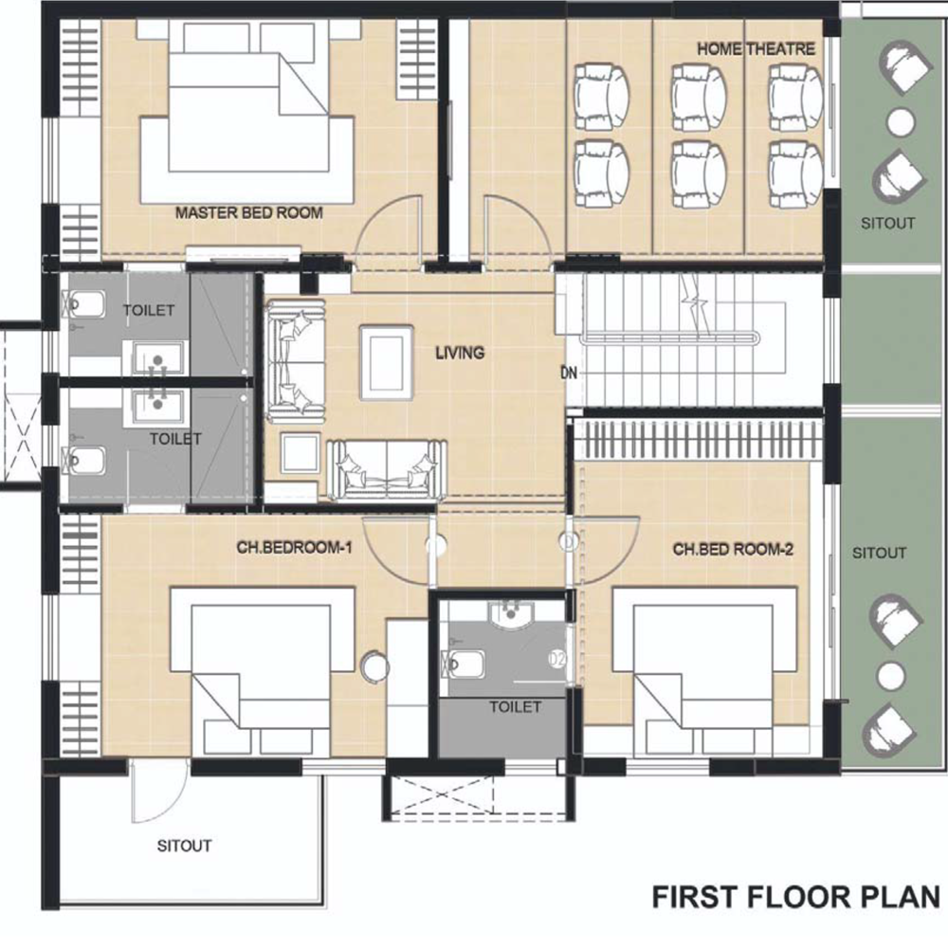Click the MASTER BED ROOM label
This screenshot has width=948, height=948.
point(248,212)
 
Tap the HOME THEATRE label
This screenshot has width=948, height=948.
point(756,49)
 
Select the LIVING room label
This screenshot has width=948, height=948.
point(460,353)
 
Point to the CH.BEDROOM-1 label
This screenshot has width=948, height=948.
point(294,548)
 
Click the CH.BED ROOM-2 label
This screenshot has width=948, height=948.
point(733,550)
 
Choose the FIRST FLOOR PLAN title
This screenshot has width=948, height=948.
point(796,897)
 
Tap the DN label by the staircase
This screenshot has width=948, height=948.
point(569,373)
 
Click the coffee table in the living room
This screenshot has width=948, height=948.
point(387,363)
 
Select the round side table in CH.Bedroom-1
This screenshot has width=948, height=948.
point(374,666)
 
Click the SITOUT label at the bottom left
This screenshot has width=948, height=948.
point(185,846)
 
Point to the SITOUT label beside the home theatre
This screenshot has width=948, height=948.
point(887,223)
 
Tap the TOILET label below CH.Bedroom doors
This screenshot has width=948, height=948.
point(515,707)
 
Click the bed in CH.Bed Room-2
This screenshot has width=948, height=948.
point(703,671)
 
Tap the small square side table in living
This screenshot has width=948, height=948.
point(301,452)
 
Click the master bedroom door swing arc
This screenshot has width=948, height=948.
point(387,227)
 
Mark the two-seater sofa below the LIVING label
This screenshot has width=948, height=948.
point(387,470)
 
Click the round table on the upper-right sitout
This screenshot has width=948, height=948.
point(901,122)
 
